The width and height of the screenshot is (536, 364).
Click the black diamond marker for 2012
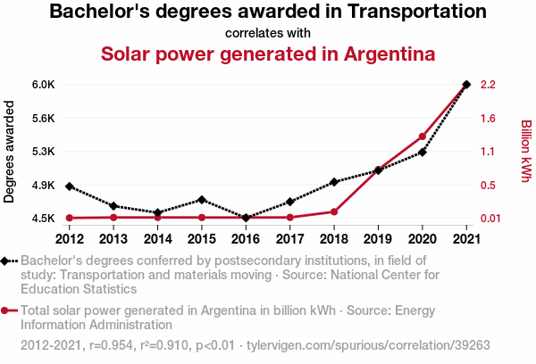click(x=70, y=186)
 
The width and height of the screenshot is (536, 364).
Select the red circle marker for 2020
click(x=423, y=136)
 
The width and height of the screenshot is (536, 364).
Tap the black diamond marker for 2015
click(x=202, y=200)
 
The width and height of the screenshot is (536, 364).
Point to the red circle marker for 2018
click(x=334, y=211)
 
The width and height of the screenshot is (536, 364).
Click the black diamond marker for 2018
click(x=334, y=182)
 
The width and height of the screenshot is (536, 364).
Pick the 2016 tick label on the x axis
click(x=246, y=239)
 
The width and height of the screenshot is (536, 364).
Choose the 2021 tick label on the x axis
click(x=466, y=239)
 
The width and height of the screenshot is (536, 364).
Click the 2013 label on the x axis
click(x=113, y=239)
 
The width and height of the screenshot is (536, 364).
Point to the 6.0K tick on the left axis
click(x=43, y=85)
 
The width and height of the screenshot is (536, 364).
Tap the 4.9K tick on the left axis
click(x=43, y=186)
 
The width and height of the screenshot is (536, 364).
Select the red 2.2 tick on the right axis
click(x=488, y=85)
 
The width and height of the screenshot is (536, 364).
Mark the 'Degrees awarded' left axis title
click(x=10, y=152)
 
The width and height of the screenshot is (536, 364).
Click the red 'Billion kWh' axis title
click(x=526, y=152)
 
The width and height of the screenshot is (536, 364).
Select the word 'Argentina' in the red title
click(x=378, y=54)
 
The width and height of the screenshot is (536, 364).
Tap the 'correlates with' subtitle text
click(x=267, y=33)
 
